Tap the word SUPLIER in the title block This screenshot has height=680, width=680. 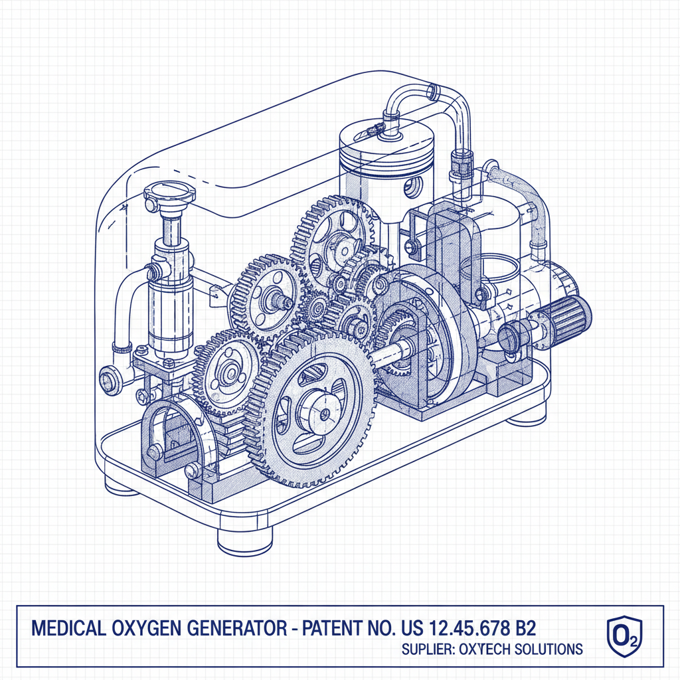click(x=427, y=649)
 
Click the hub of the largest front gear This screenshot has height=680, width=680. click(x=323, y=413)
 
